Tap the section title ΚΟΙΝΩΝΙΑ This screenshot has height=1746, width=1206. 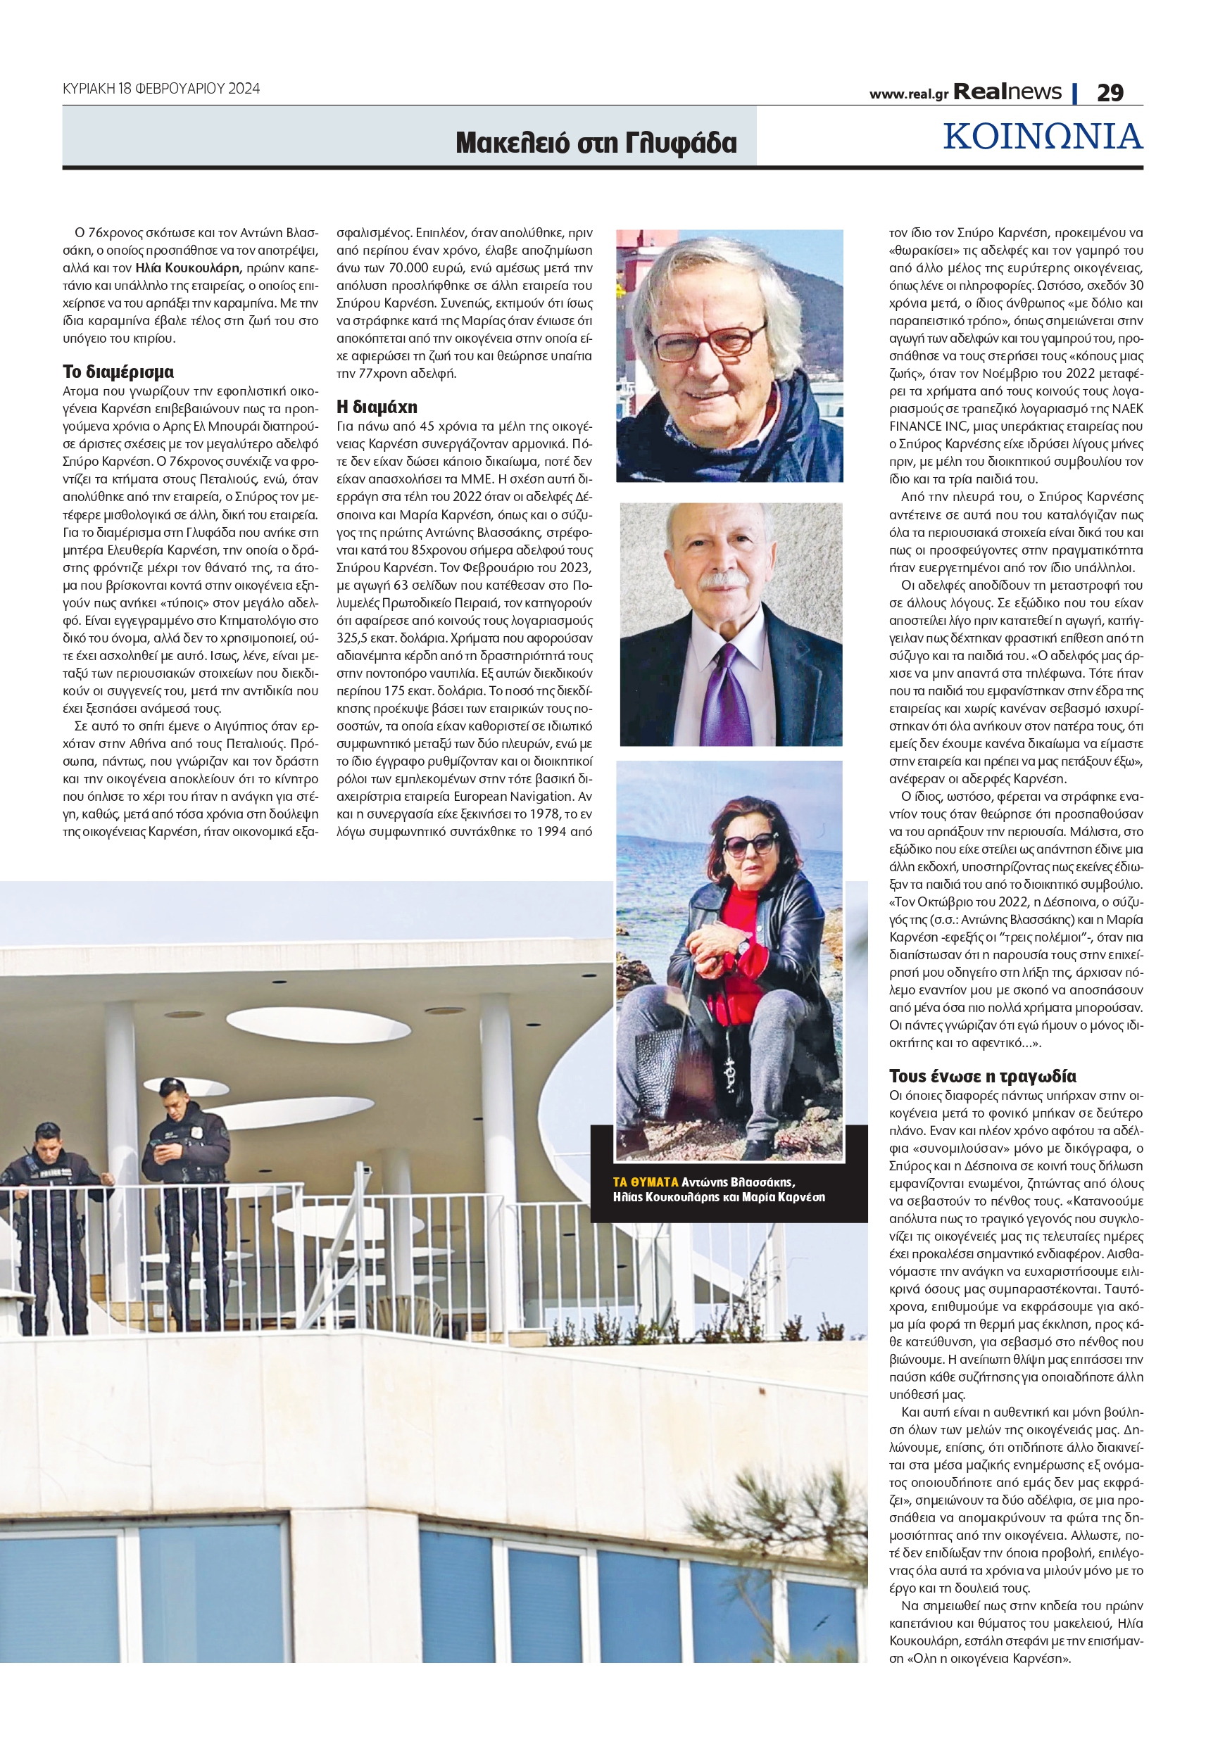[1043, 137]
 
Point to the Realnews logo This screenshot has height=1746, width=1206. [1007, 92]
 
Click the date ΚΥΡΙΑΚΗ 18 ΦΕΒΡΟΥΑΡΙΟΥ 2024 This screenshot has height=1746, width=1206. [161, 89]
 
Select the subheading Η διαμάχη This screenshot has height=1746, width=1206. [377, 407]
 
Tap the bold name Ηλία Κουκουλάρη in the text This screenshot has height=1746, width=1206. [187, 268]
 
